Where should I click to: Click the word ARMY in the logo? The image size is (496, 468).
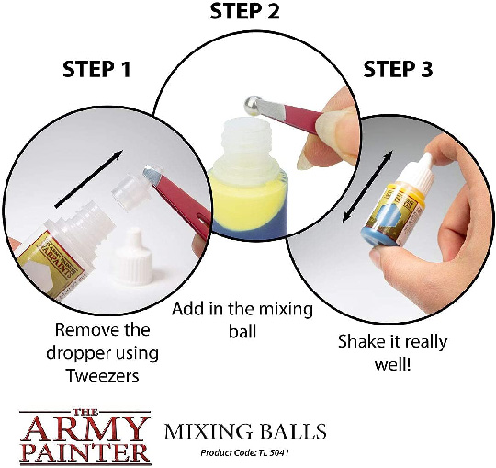pyautogui.click(x=87, y=428)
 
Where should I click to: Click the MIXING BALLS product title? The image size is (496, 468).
pyautogui.click(x=243, y=429)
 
